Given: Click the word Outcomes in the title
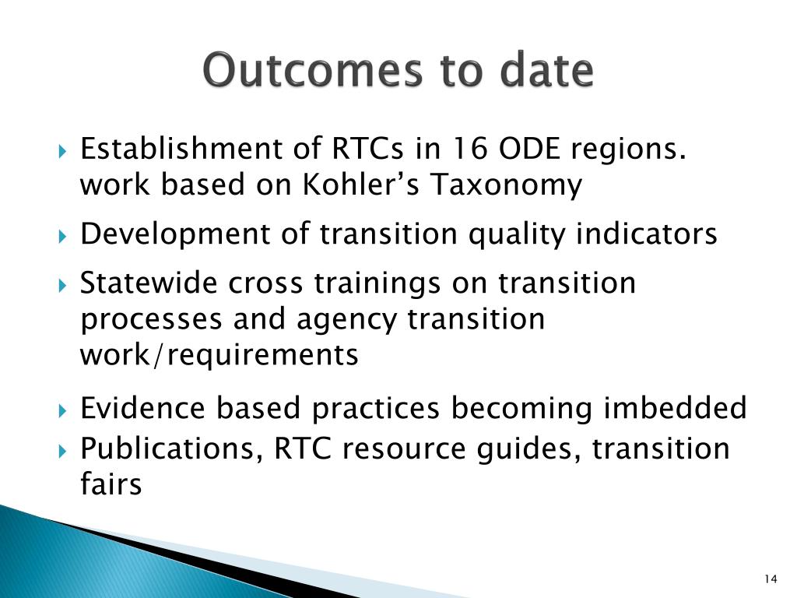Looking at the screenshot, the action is pyautogui.click(x=312, y=69).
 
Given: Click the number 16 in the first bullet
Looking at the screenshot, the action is pyautogui.click(x=469, y=149).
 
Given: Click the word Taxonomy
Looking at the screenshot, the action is pyautogui.click(x=506, y=185).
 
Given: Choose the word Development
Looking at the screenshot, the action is pyautogui.click(x=175, y=235).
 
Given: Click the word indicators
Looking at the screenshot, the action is pyautogui.click(x=646, y=234).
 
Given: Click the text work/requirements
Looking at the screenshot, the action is pyautogui.click(x=219, y=354).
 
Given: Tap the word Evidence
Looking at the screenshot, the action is pyautogui.click(x=143, y=408).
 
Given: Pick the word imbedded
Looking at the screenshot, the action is pyautogui.click(x=675, y=408).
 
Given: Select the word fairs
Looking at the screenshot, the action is pyautogui.click(x=111, y=484).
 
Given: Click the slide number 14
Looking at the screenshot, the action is pyautogui.click(x=771, y=579).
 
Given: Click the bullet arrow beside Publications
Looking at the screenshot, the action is pyautogui.click(x=62, y=451).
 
